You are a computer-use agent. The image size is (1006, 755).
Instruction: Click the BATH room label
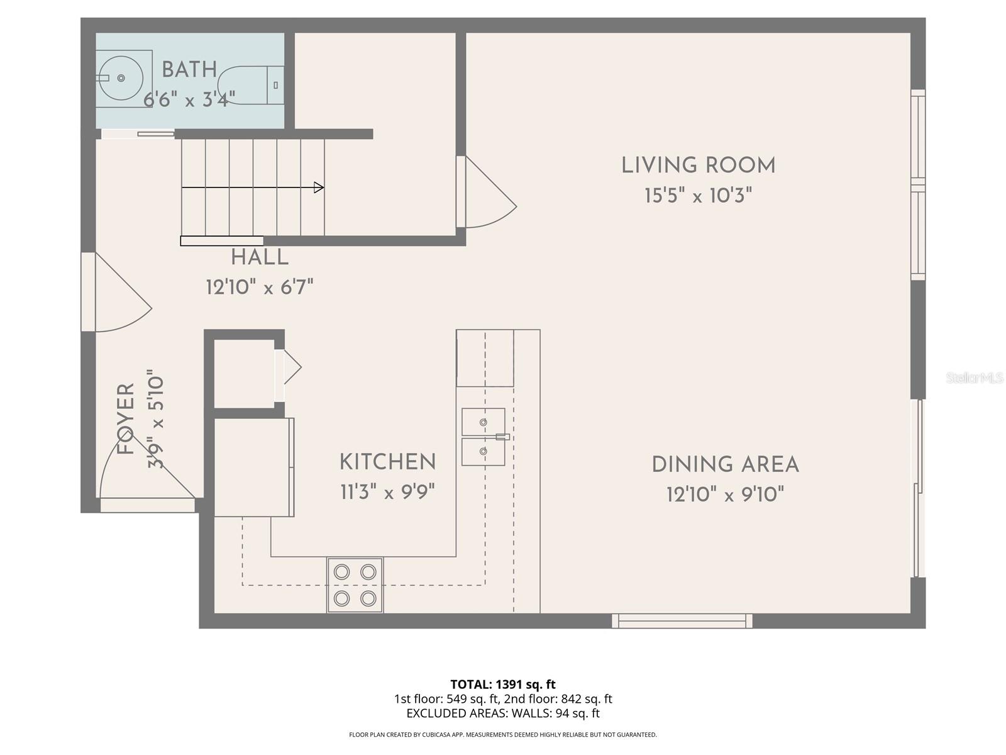tap(189, 70)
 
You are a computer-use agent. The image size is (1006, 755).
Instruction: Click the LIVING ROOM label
tap(698, 165)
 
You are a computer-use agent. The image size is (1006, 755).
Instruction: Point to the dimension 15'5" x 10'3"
tap(698, 196)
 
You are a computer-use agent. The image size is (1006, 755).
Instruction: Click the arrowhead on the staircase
tap(319, 187)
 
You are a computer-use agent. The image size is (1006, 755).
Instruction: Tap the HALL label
tap(260, 257)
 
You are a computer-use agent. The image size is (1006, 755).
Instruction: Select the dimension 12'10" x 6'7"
tap(260, 288)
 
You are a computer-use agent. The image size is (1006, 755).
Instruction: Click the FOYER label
tap(126, 419)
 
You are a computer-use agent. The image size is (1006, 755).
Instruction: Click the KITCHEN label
tap(387, 462)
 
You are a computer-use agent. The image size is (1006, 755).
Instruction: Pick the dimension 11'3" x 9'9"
tap(387, 492)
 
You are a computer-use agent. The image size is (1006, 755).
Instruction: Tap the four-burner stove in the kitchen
tap(355, 585)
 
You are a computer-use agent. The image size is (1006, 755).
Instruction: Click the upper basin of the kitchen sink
tap(483, 422)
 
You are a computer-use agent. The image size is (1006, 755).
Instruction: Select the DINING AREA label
tap(725, 465)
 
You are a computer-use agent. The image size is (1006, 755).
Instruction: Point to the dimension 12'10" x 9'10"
tap(725, 495)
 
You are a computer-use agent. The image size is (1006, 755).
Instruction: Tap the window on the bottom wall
tap(682, 621)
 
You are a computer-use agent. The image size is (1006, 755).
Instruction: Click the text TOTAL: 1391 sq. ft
tap(502, 685)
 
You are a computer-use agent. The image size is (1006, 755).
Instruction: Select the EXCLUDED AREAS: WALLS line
tap(502, 713)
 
